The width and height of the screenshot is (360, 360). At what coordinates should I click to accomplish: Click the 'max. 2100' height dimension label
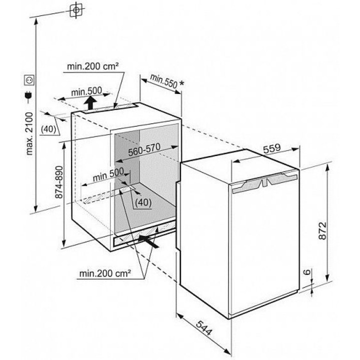click(30, 133)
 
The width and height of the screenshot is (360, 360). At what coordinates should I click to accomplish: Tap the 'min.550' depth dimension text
click(163, 81)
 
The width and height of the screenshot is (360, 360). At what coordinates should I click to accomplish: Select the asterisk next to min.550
click(181, 83)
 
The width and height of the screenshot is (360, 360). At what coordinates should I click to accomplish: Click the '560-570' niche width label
click(144, 149)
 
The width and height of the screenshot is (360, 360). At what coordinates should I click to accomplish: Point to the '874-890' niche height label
click(59, 182)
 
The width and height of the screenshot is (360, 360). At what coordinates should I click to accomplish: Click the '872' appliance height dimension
click(322, 230)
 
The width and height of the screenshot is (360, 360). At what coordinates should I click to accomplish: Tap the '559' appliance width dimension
click(272, 148)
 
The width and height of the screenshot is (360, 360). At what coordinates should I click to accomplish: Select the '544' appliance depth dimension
click(204, 328)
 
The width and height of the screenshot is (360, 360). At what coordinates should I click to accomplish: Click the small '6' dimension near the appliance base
click(307, 272)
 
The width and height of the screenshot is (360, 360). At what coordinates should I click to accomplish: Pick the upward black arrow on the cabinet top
click(91, 103)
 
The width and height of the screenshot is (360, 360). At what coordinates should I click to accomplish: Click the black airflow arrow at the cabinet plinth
click(148, 241)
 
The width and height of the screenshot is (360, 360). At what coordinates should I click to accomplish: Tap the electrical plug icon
click(28, 96)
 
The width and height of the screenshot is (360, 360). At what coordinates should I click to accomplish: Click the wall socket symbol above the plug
click(29, 80)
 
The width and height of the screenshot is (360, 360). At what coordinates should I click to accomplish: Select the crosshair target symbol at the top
click(76, 10)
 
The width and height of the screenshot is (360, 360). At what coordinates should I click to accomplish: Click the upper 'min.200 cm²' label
click(93, 66)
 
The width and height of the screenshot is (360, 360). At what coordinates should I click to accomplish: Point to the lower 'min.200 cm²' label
click(105, 273)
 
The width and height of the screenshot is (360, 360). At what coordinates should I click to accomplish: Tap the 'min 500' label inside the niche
click(108, 174)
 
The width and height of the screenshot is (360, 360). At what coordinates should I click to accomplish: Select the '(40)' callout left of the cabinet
click(48, 129)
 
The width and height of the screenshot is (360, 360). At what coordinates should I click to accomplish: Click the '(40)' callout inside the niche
click(143, 202)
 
